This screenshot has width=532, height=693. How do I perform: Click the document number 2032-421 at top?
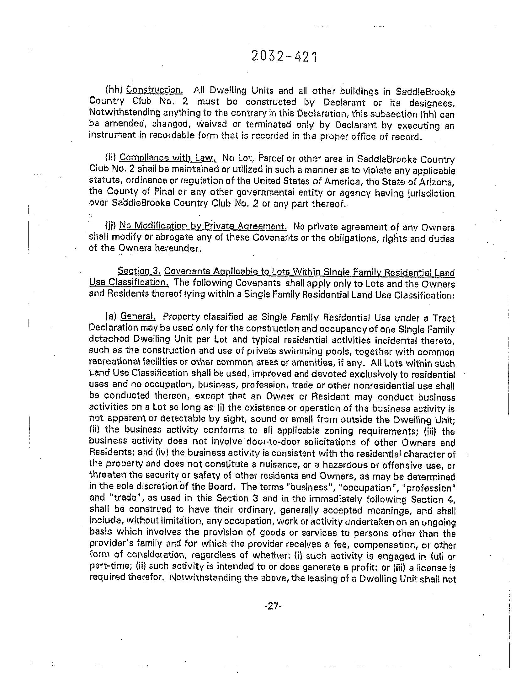[284, 57]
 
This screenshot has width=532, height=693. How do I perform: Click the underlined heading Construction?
[155, 90]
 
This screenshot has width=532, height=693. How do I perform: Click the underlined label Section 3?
[139, 271]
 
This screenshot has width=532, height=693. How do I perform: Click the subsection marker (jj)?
[111, 226]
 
